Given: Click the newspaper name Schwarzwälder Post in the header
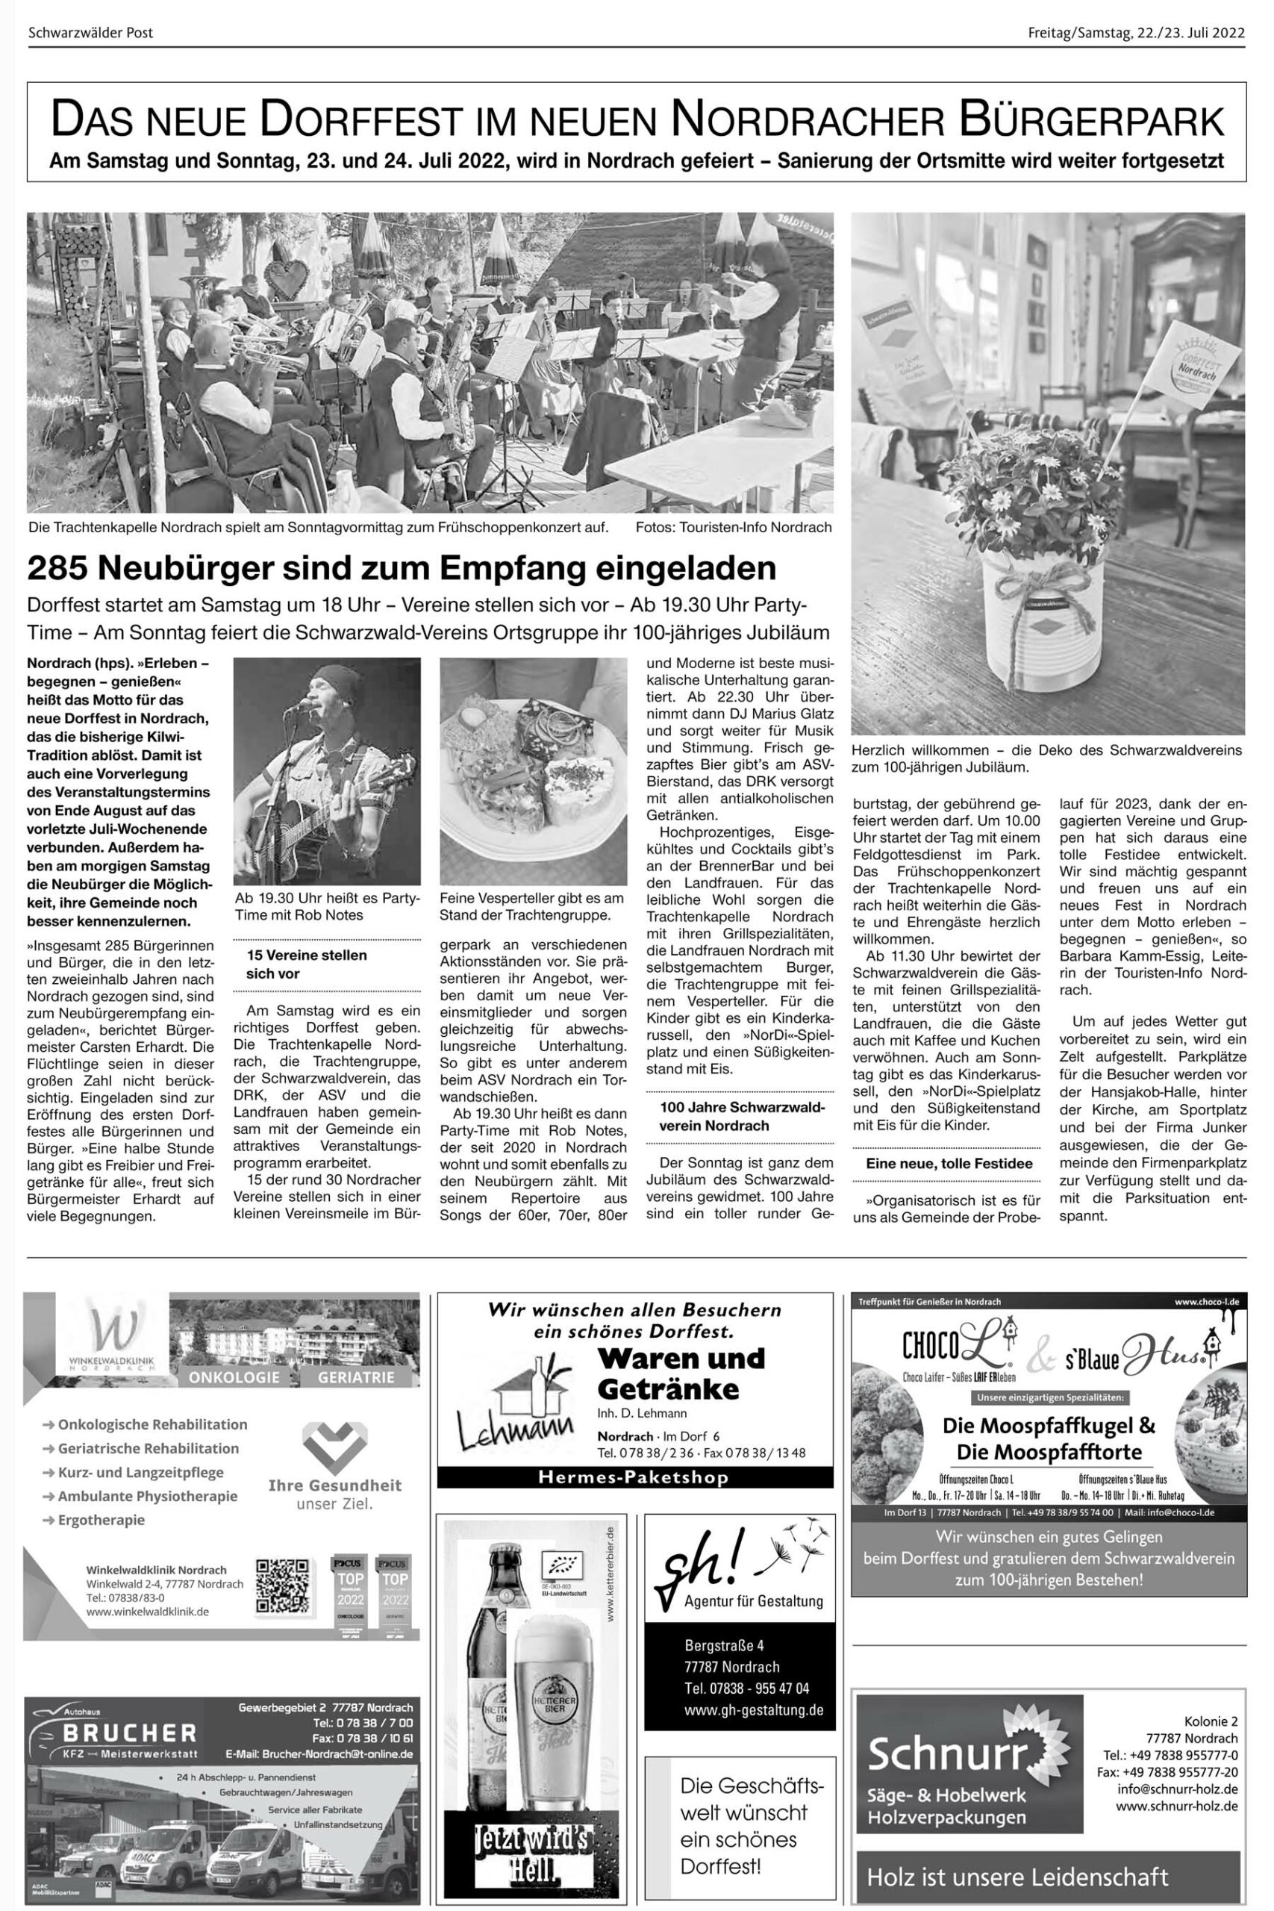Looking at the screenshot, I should (90, 34).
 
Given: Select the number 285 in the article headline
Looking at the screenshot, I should (56, 569).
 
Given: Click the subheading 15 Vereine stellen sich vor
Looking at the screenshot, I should (306, 964).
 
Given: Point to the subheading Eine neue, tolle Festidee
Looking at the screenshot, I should (948, 1164).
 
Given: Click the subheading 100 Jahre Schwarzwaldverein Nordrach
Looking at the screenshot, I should (741, 1117).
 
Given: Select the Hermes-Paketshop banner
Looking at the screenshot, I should (634, 1477).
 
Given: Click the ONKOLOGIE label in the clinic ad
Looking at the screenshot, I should (234, 1377).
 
